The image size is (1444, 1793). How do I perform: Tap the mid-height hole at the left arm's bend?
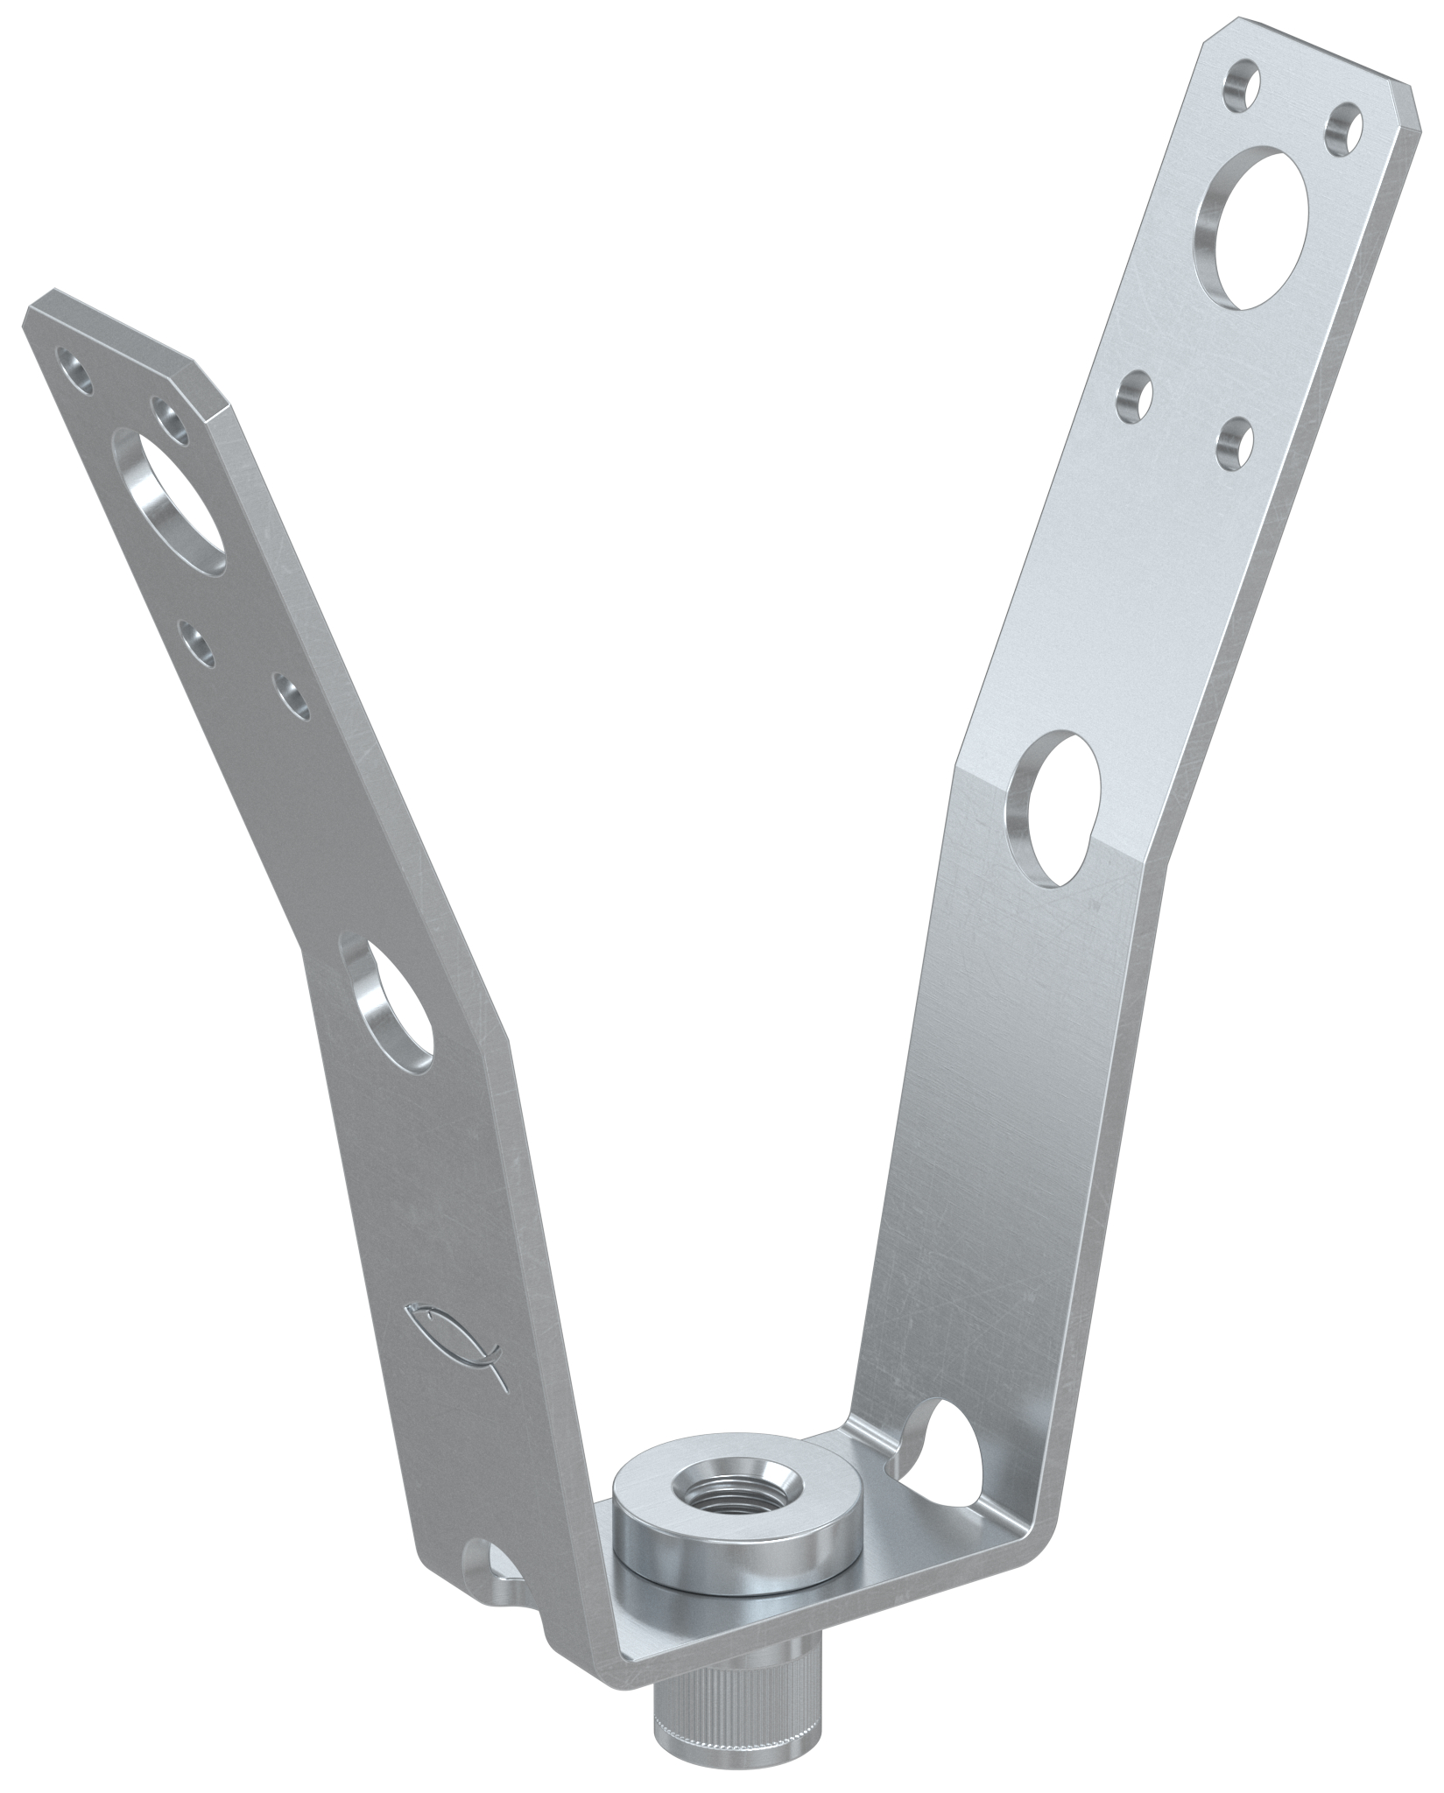391,1006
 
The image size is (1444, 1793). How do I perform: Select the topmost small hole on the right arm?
1240,86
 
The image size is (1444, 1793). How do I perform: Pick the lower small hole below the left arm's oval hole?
292,696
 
